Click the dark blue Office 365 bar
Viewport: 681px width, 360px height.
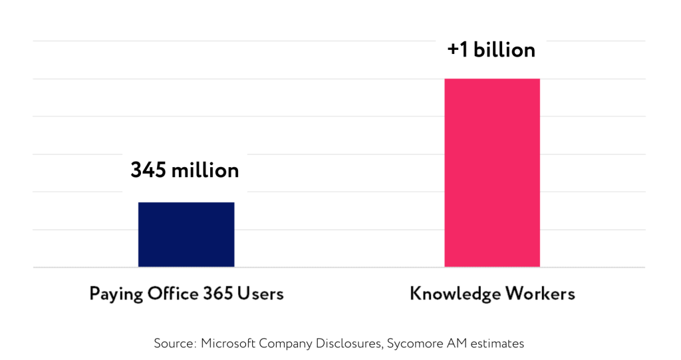[186, 234]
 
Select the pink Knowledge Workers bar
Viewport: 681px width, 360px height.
[492, 173]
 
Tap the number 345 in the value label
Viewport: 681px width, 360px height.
[148, 170]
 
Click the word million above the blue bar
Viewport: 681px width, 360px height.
[205, 170]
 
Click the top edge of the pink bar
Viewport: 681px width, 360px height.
[492, 79]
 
